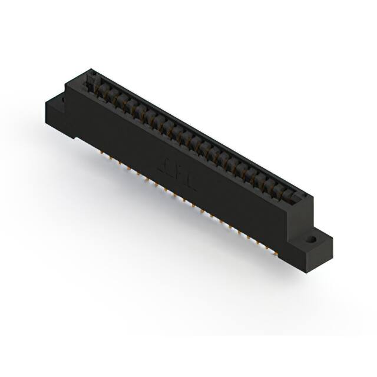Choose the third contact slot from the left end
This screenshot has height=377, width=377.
pos(118,100)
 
